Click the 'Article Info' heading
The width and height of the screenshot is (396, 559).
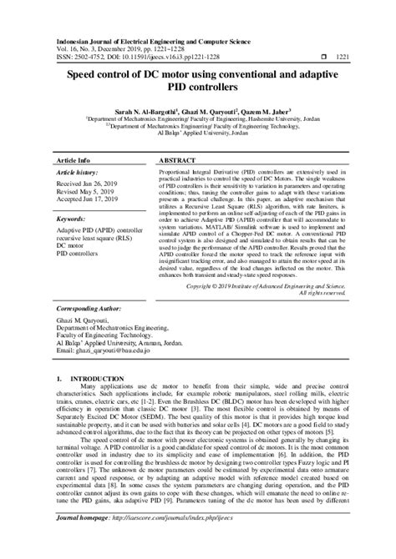tap(76, 158)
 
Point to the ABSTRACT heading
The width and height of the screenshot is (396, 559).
tap(177, 158)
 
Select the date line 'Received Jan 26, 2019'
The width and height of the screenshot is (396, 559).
tap(89, 183)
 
